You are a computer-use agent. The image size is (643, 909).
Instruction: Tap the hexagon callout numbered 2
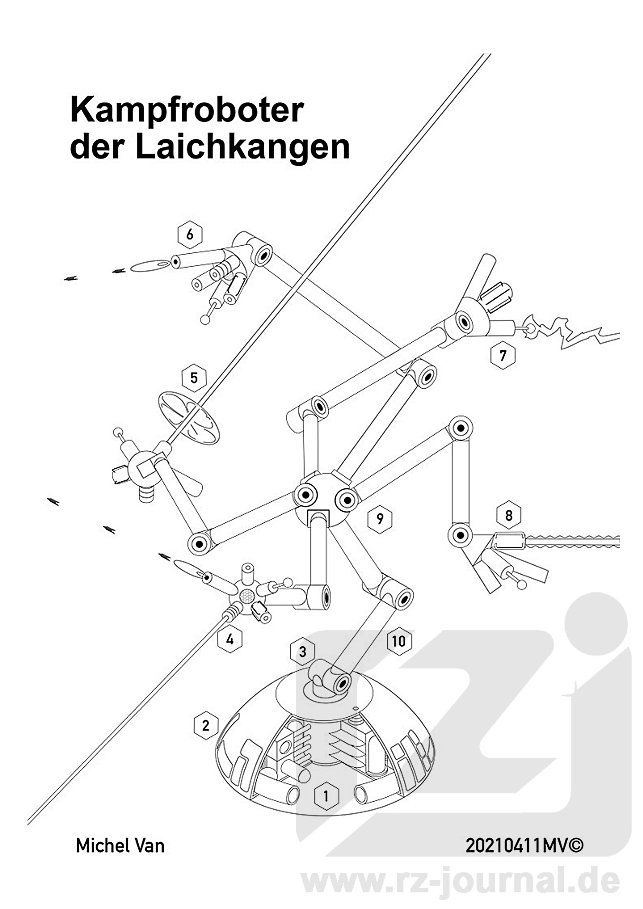(206, 725)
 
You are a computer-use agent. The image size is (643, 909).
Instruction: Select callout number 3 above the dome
(303, 652)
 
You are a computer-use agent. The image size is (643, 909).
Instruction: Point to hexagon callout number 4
(230, 640)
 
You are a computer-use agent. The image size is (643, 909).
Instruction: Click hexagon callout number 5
(194, 378)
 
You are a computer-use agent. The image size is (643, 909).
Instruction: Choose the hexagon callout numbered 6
(190, 234)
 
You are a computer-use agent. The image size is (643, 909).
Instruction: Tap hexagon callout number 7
(503, 355)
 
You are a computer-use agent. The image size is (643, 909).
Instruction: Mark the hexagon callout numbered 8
(509, 515)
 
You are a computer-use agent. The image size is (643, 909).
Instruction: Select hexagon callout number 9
(380, 519)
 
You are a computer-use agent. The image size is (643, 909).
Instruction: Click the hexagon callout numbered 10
(399, 642)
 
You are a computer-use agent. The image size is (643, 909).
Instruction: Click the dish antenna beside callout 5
(188, 417)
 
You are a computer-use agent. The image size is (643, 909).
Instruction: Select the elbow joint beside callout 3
(330, 678)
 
